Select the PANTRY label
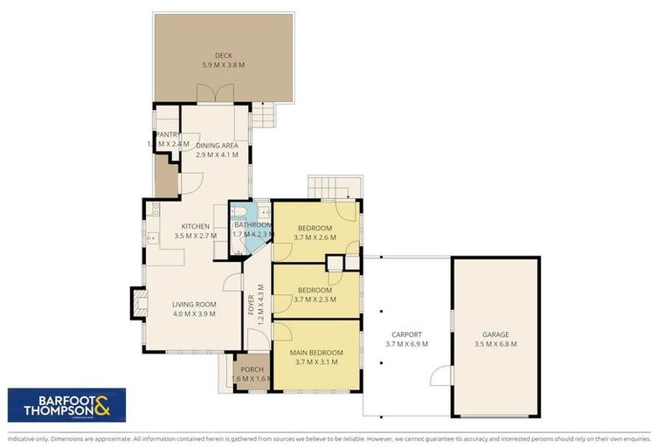[x=168, y=134]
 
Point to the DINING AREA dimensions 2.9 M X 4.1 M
[x=217, y=155]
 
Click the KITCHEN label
[x=195, y=226]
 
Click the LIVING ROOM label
[x=193, y=305]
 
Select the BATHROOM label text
[x=252, y=225]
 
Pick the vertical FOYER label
[x=251, y=304]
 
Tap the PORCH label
[x=252, y=370]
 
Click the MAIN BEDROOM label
[x=315, y=353]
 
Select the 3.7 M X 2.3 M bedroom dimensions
[x=315, y=299]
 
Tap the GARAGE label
[x=495, y=334]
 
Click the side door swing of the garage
[x=443, y=377]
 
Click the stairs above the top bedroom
[x=333, y=186]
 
